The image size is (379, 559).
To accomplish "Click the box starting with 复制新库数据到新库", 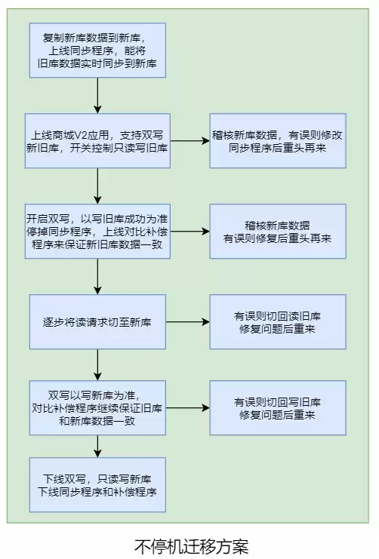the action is pos(97,51).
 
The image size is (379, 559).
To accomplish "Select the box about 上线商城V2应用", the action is pos(97,141).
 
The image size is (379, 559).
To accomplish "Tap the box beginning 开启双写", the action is pos(97,232).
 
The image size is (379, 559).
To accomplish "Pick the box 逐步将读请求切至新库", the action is pos(97,321).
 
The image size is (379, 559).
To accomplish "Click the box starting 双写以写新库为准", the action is pos(97,408).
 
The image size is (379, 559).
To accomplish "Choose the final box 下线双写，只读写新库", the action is pos(97,485).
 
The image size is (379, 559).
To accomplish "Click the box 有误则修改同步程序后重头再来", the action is pos(278,141).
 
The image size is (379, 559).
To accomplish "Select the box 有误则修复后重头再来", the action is pos(278,232).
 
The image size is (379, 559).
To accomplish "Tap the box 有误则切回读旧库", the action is pos(278,321).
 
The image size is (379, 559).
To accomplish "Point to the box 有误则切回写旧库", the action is pos(278,408).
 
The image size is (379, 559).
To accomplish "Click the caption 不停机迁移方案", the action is pos(191,546).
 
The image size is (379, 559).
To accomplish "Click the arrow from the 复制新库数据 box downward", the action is pos(97,96).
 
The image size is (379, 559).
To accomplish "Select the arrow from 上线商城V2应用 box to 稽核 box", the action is pos(189,141).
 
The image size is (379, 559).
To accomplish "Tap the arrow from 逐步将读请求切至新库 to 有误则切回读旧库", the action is pos(188,322).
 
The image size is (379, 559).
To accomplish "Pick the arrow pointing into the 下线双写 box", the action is pos(97,447).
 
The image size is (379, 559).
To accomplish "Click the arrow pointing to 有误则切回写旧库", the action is pos(188,408).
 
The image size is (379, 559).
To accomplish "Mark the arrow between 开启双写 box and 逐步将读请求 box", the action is pos(97,277).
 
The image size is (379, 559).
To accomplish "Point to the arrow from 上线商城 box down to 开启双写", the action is pos(97,186).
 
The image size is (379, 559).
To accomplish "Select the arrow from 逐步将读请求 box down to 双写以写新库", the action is pos(97,365).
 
